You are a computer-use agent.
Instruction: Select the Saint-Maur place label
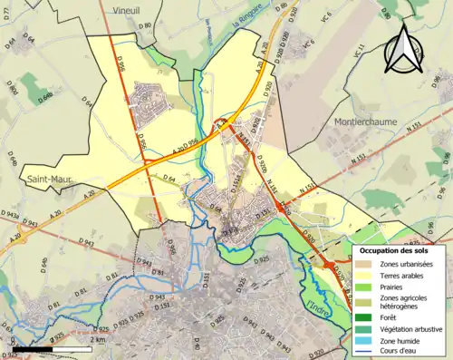(44, 178)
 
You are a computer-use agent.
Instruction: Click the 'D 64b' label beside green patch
(48, 97)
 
